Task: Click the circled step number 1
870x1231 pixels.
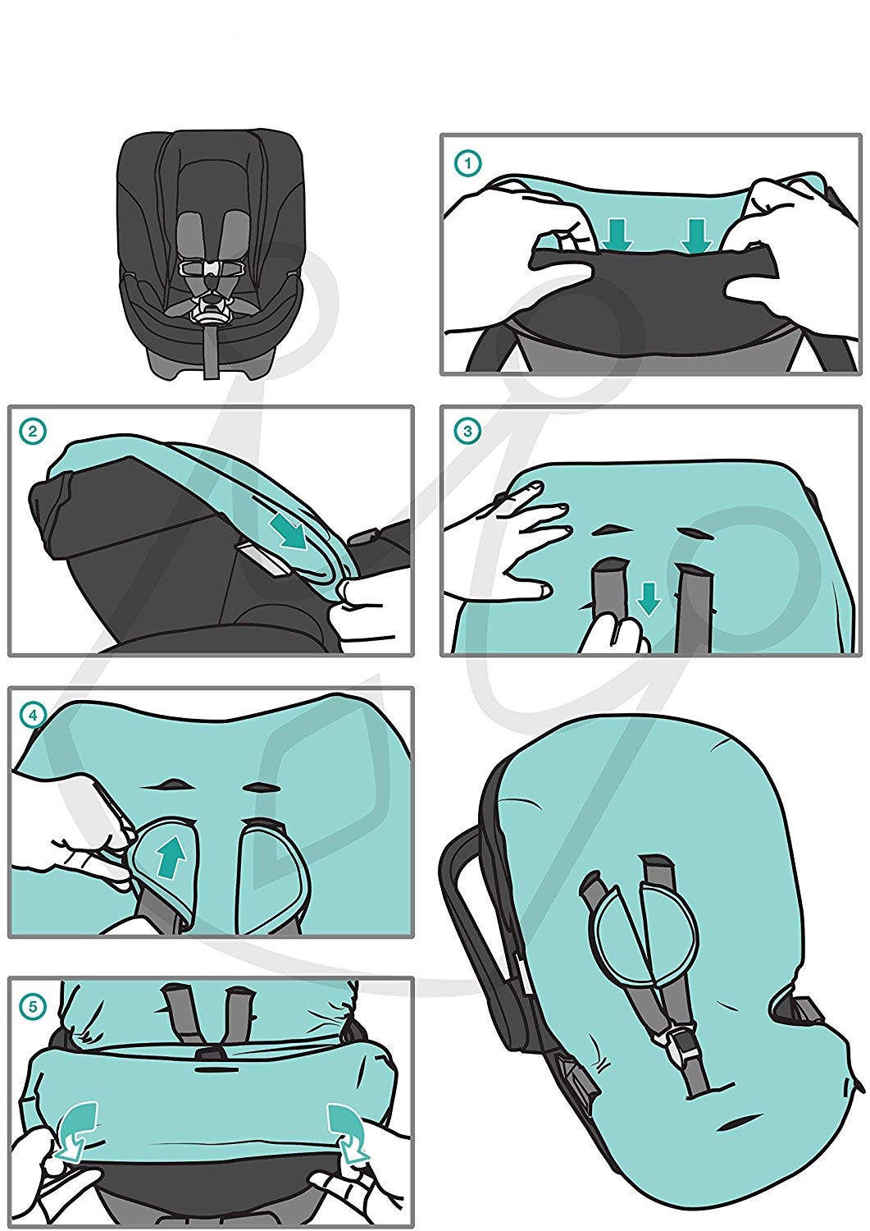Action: tap(467, 164)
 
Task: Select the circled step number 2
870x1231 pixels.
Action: tap(32, 432)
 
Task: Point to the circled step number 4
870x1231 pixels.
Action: tap(33, 716)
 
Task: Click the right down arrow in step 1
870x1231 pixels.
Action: tap(695, 236)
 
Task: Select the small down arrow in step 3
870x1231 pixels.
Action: tap(649, 599)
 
